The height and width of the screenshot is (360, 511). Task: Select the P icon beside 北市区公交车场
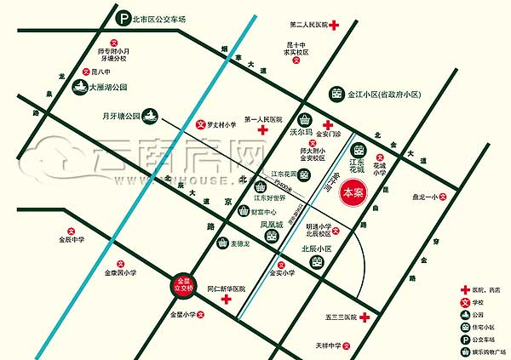tap(124, 17)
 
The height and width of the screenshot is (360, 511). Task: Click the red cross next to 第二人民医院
tap(336, 26)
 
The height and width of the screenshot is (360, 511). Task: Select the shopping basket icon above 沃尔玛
tap(305, 119)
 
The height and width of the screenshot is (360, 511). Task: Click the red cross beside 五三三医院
tap(365, 317)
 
